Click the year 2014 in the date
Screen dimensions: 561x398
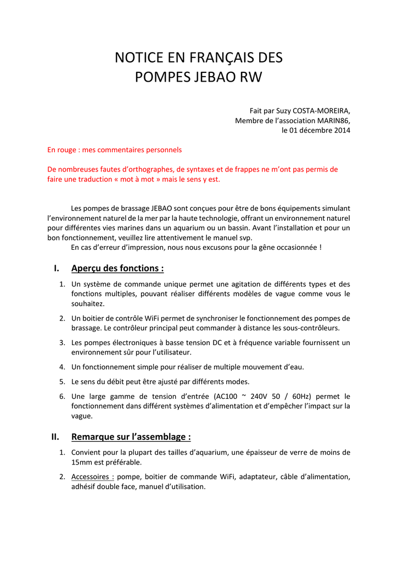coord(341,130)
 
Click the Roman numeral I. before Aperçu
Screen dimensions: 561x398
coord(56,268)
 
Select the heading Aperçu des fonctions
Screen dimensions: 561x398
coord(117,268)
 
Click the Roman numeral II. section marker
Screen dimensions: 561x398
coord(55,437)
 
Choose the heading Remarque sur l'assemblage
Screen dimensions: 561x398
coord(131,437)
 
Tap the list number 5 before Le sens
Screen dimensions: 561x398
coord(63,381)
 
